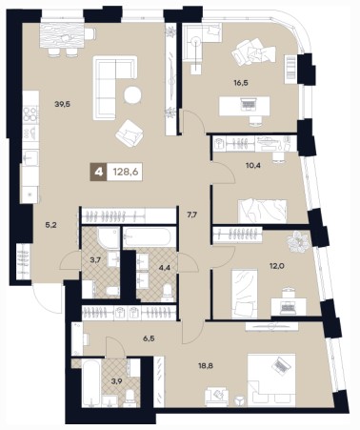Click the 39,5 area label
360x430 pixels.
pyautogui.click(x=62, y=104)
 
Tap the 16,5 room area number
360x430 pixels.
pyautogui.click(x=240, y=83)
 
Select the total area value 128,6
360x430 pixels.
pyautogui.click(x=126, y=173)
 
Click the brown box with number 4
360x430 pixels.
pyautogui.click(x=99, y=173)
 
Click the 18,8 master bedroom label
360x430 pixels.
pyautogui.click(x=207, y=366)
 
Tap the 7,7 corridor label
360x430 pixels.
pyautogui.click(x=192, y=215)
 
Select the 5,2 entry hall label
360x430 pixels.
pyautogui.click(x=51, y=225)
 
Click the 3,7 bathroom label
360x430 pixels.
pyautogui.click(x=95, y=260)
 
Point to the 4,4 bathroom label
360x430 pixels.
pyautogui.click(x=165, y=268)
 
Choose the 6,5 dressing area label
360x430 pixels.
pyautogui.click(x=149, y=338)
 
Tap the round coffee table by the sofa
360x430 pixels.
pyautogui.click(x=132, y=95)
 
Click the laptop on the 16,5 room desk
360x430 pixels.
pyautogui.click(x=247, y=103)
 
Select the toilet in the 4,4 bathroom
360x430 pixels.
pyautogui.click(x=167, y=293)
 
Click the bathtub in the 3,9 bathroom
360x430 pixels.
pyautogui.click(x=91, y=382)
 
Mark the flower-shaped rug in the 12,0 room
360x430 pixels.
pyautogui.click(x=298, y=241)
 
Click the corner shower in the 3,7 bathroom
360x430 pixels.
pyautogui.click(x=109, y=237)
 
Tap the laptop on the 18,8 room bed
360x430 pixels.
pyautogui.click(x=281, y=365)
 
